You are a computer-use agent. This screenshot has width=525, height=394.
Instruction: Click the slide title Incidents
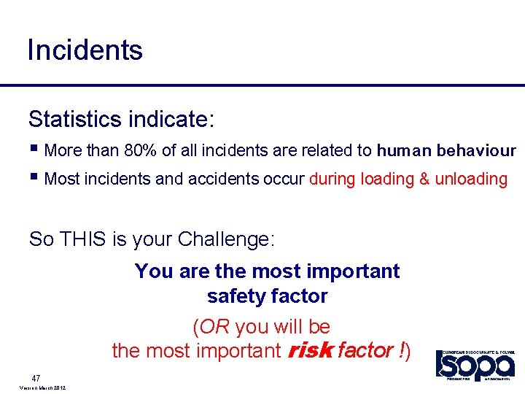85,50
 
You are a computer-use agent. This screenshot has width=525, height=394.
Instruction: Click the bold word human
404,151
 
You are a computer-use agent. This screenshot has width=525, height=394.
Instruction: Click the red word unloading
471,179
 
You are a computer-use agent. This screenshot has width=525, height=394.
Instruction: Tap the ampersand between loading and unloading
424,179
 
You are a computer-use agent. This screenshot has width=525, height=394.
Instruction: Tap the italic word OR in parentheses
216,326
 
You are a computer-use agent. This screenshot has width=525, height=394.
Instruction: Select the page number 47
36,378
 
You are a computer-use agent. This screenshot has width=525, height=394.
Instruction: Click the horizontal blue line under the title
262,86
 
